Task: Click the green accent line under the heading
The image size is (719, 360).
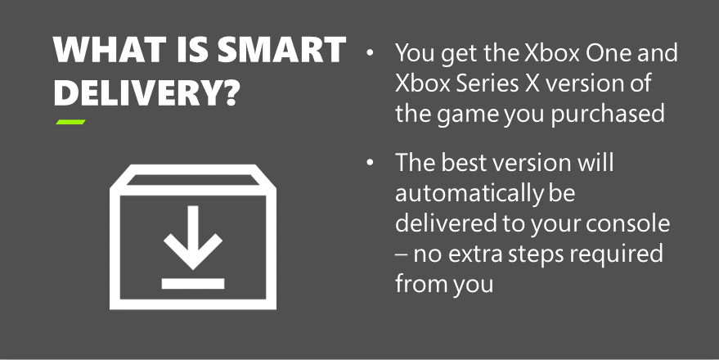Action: [x=70, y=123]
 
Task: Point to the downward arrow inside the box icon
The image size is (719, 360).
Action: [x=193, y=236]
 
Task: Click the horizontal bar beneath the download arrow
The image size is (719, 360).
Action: [x=193, y=284]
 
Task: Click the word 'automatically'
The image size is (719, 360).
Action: [x=467, y=193]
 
